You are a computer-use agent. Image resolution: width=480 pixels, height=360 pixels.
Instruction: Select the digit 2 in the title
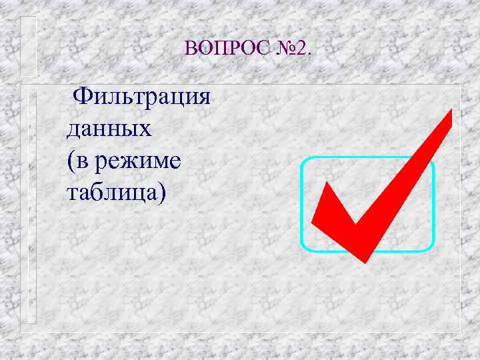pyautogui.click(x=301, y=49)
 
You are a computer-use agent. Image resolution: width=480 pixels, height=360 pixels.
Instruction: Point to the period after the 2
pyautogui.click(x=309, y=53)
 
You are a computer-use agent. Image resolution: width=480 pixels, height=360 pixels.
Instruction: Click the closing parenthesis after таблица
pyautogui.click(x=163, y=193)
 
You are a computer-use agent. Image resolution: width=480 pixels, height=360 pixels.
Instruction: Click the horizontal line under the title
pyautogui.click(x=240, y=85)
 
